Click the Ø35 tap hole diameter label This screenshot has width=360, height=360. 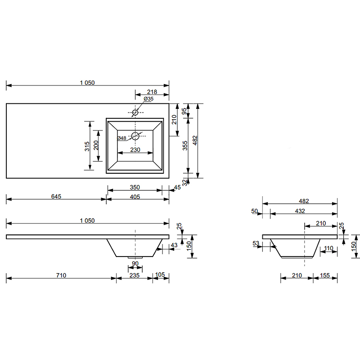click(x=148, y=99)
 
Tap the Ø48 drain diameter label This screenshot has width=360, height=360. click(x=121, y=138)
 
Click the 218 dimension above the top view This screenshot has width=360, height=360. click(x=152, y=92)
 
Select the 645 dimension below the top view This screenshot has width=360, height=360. click(x=56, y=196)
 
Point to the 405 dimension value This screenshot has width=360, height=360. click(x=135, y=197)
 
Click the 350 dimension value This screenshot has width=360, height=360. click(x=135, y=187)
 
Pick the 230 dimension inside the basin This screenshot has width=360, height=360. click(x=135, y=150)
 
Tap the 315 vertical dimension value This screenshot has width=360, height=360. click(x=87, y=146)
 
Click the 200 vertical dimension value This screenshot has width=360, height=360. click(x=96, y=145)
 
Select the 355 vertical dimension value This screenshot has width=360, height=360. click(x=185, y=145)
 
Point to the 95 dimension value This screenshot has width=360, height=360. click(x=184, y=111)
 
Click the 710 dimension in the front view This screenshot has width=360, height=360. click(x=61, y=275)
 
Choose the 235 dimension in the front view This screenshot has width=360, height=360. click(x=134, y=275)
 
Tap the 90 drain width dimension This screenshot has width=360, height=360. click(x=135, y=264)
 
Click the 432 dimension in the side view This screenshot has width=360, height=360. click(x=300, y=211)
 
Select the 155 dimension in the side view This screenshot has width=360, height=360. click(x=324, y=275)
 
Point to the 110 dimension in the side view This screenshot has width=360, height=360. click(x=328, y=248)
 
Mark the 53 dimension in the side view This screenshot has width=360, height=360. click(x=256, y=243)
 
